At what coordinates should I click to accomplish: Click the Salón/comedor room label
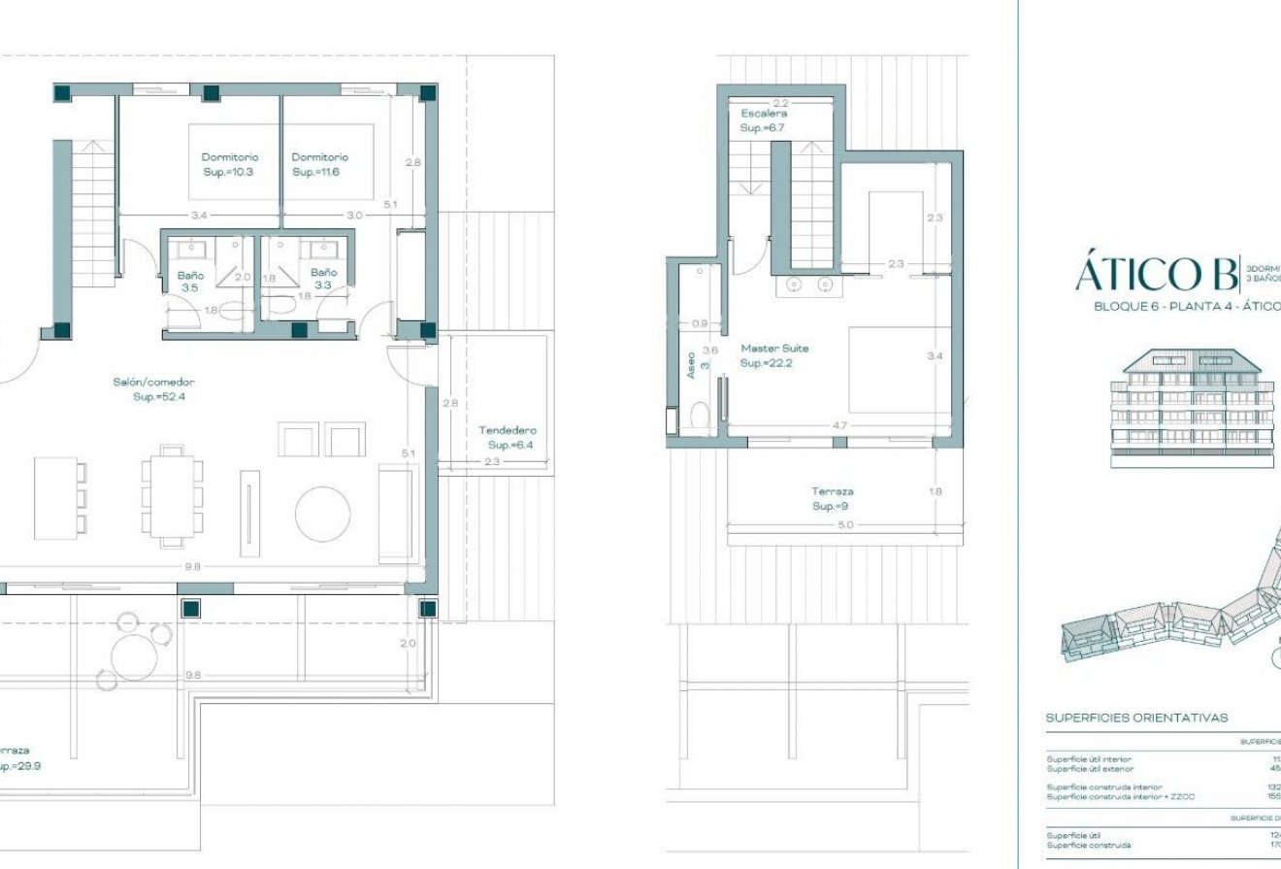coord(152,389)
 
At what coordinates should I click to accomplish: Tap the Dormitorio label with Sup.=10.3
coord(229,164)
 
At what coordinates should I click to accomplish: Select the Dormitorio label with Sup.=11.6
coord(319,164)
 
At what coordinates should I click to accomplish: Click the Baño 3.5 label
coord(190,281)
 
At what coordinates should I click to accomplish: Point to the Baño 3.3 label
coord(324,279)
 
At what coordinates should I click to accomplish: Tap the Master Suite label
coord(774,354)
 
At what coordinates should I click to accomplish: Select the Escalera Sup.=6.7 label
coord(764,120)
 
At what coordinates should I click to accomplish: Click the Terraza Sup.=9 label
coord(832,499)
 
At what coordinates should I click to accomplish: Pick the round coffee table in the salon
coord(322,515)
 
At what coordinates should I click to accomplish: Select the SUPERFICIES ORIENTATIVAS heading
coord(1135,719)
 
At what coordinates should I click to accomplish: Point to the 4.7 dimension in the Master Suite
coord(840,425)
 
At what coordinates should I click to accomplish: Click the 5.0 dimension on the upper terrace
coord(844,525)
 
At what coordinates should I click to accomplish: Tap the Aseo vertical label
coord(691,365)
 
